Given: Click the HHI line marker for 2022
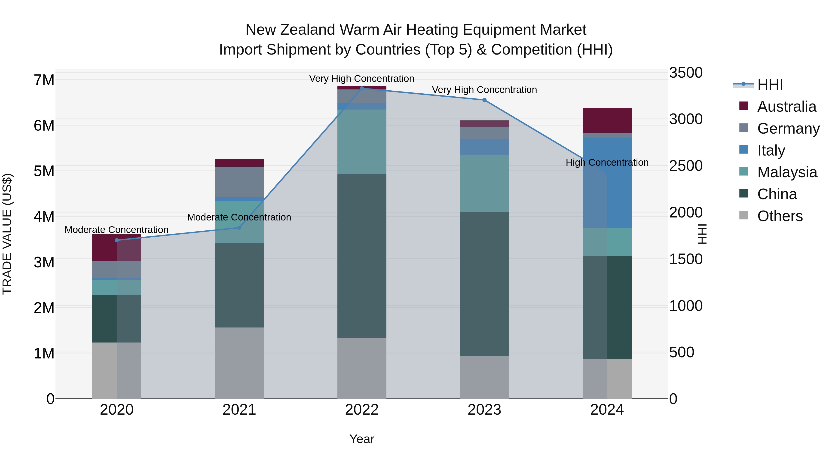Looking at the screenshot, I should click(362, 88).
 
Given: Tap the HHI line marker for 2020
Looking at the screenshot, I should click(117, 240).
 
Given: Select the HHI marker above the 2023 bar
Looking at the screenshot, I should click(484, 100).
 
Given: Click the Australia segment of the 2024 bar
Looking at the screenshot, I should click(607, 120).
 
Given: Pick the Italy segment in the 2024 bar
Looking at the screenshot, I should click(607, 183).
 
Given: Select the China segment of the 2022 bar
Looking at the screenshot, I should click(362, 256).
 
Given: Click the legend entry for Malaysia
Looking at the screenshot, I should click(787, 172).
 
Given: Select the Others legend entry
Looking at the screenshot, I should click(780, 216).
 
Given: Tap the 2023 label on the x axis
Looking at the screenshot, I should click(484, 410).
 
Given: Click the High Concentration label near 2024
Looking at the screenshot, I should click(607, 162).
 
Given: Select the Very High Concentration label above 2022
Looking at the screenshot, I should click(362, 79).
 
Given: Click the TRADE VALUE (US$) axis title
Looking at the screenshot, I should click(7, 234).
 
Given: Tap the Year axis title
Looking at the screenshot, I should click(362, 439).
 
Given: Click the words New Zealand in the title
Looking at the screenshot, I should click(290, 30).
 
